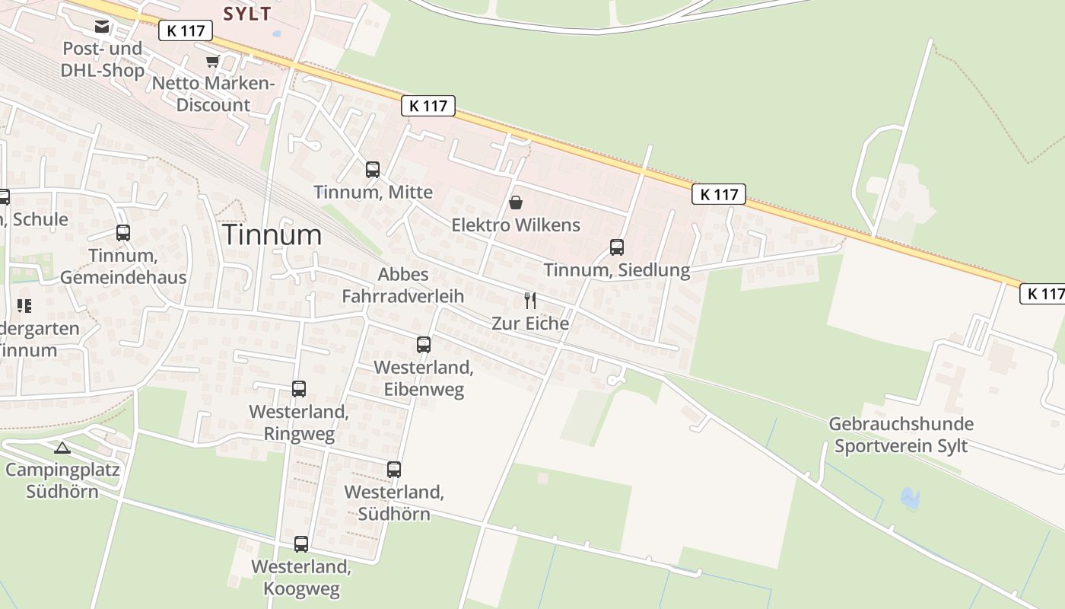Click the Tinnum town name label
(x=272, y=234)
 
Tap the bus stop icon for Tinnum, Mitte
(x=373, y=170)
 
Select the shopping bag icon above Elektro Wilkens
(x=516, y=202)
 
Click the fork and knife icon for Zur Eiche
(x=530, y=301)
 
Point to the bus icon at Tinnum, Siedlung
(x=617, y=247)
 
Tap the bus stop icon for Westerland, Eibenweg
(x=424, y=345)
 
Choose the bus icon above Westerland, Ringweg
(x=299, y=389)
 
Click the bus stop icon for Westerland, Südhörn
(x=394, y=470)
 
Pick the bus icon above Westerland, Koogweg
(x=301, y=544)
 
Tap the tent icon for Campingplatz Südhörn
(x=62, y=448)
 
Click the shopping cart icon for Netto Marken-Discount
(x=212, y=62)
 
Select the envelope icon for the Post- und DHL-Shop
(x=102, y=27)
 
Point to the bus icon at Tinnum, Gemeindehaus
(x=123, y=233)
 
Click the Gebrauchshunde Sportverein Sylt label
(x=901, y=435)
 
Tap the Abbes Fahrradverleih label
(x=403, y=285)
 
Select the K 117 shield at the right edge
(x=1042, y=293)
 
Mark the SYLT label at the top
(x=247, y=13)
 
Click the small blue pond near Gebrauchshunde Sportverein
(x=910, y=499)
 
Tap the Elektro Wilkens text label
(x=516, y=225)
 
